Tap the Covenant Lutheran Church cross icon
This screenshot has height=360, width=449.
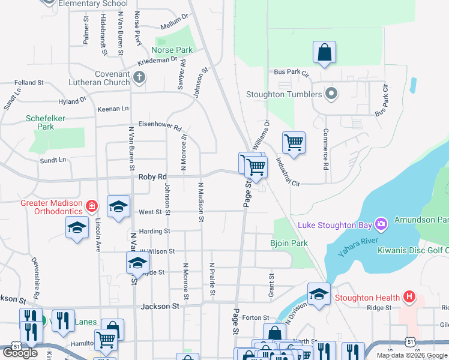[x=139, y=77]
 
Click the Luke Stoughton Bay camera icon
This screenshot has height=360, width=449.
[x=381, y=224]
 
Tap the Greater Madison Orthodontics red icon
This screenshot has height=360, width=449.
[x=91, y=207]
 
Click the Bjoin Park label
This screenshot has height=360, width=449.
[x=288, y=243]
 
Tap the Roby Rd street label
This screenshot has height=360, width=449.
[x=152, y=177]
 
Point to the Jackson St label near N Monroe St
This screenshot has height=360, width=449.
[x=160, y=306]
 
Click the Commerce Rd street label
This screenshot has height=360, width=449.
[x=326, y=148]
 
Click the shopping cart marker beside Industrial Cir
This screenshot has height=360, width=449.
[x=294, y=143]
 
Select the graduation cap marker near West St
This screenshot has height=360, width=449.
[x=118, y=206]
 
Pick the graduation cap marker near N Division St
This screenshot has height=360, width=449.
[x=319, y=294]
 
